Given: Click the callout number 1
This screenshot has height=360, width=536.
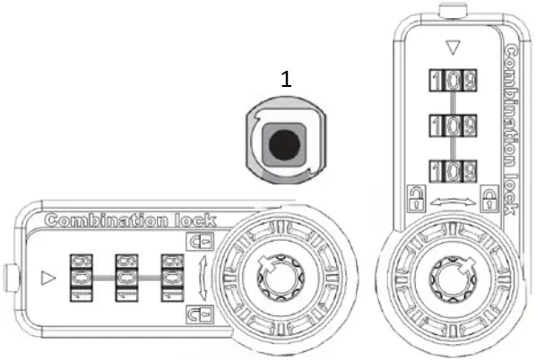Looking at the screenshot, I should coord(286,80).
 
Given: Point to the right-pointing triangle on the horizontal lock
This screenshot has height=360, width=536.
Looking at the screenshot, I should coord(48,278).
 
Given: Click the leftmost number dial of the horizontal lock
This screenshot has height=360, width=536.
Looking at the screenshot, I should coord(80,278).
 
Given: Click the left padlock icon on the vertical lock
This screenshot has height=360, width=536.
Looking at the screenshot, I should coord(415,195).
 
